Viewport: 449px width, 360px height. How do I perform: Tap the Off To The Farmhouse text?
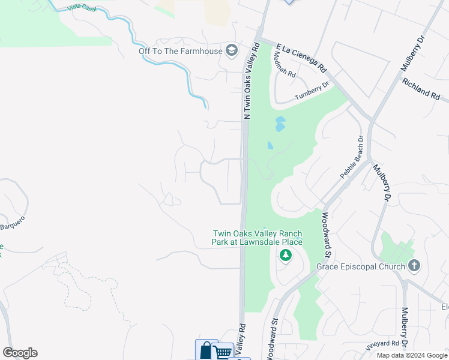(180, 50)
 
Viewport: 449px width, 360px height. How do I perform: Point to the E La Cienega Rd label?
(301, 58)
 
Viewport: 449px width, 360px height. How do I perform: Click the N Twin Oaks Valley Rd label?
(252, 80)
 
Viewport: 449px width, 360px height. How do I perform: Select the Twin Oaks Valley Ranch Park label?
(258, 238)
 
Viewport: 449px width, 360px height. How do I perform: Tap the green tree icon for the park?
(286, 256)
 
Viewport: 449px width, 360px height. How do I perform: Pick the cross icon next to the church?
(414, 265)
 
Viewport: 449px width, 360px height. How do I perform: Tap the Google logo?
(20, 353)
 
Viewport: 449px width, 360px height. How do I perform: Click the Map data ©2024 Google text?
(412, 355)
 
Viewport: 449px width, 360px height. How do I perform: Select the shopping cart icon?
(223, 352)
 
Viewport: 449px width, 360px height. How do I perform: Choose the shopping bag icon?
(206, 350)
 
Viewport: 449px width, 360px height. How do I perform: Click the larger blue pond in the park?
(280, 124)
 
